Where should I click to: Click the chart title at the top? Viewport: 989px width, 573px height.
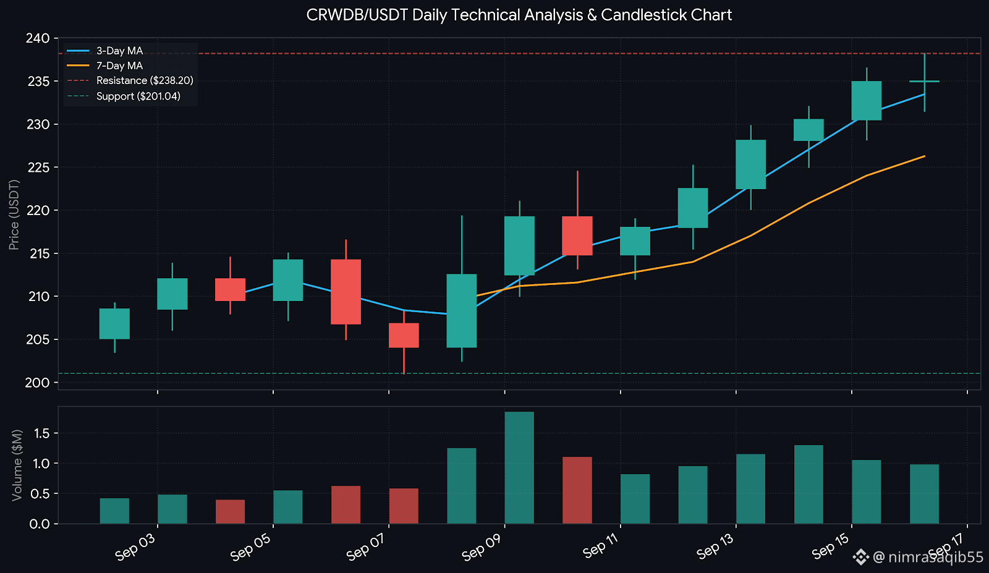point(519,15)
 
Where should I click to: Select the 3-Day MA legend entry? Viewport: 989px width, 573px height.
point(104,51)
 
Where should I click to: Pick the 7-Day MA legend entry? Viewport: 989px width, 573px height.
point(104,66)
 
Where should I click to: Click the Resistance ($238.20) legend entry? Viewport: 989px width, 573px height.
point(130,80)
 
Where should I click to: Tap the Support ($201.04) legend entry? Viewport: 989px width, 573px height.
point(124,96)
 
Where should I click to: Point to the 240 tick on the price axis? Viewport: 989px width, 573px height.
point(38,38)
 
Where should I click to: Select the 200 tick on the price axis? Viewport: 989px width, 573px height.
point(38,382)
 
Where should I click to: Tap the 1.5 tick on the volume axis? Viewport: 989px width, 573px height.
point(42,433)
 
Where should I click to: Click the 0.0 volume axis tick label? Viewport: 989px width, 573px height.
point(40,524)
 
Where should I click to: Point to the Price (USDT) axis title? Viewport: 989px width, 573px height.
point(14,214)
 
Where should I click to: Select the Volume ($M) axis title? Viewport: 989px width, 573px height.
point(17,465)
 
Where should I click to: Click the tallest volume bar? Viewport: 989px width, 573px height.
point(519,467)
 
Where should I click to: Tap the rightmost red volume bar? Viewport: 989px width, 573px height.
point(577,490)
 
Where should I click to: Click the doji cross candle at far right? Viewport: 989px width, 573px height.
point(924,82)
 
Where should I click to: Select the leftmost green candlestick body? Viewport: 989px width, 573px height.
point(114,323)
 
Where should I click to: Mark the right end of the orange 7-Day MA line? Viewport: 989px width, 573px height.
point(925,156)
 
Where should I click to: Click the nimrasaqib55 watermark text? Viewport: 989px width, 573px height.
point(936,557)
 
